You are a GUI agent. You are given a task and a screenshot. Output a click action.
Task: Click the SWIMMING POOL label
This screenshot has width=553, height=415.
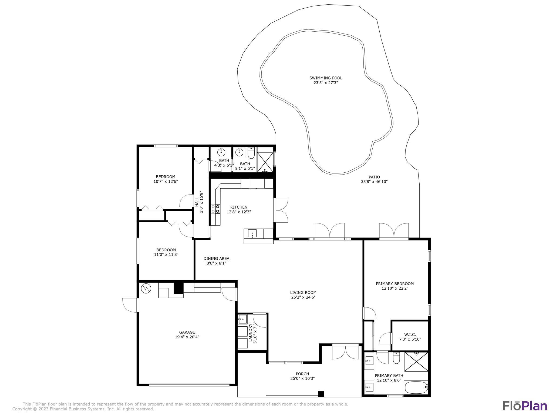[326, 78]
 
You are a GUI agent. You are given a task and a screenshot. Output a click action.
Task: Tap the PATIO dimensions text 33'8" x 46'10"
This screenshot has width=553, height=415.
[374, 182]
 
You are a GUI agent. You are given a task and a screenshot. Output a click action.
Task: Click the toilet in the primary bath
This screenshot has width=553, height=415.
[396, 358]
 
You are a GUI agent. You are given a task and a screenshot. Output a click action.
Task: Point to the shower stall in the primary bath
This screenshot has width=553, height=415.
[416, 362]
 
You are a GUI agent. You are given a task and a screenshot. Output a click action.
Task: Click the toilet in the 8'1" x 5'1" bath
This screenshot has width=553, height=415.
[251, 153]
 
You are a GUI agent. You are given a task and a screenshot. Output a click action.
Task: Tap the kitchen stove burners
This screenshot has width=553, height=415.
[215, 209]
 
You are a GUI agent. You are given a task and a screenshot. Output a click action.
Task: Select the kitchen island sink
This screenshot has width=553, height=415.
[252, 233]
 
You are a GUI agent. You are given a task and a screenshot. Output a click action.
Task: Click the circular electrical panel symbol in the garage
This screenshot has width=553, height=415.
[146, 288]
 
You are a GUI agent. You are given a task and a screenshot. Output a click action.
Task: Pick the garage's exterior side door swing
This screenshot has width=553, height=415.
[130, 305]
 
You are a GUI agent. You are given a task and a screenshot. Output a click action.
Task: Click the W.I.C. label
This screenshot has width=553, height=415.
[410, 335]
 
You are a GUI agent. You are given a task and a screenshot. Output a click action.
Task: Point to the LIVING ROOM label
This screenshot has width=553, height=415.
[303, 292]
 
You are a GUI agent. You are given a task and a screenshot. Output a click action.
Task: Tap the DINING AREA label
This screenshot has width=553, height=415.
[216, 259]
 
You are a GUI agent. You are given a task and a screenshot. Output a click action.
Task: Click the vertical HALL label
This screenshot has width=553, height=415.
[197, 202]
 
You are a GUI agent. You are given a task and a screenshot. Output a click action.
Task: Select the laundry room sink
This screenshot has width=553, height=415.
[242, 319]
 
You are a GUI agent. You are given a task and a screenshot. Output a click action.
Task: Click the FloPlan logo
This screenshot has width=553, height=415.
[525, 406]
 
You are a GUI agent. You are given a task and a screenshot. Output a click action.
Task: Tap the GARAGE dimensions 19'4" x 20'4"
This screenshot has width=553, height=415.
[187, 337]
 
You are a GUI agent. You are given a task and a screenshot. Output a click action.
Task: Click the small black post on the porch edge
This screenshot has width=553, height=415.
[321, 394]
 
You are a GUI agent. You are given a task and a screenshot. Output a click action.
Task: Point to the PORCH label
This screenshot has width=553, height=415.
[302, 374]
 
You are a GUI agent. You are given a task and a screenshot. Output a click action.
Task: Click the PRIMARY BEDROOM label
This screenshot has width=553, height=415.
[395, 284]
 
